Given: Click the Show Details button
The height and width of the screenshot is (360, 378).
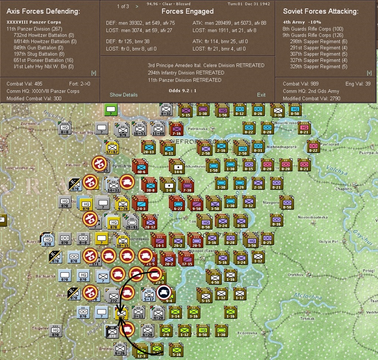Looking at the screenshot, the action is [123, 95].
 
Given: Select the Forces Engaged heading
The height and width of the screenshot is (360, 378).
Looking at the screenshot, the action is [188, 11].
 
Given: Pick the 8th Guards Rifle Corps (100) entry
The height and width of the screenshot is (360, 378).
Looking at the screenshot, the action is [313, 29].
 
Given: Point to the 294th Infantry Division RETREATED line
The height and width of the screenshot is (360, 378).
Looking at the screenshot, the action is [186, 73].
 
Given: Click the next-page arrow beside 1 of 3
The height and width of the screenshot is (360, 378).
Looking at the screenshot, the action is [137, 6].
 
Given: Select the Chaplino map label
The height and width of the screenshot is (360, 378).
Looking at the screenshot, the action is [343, 189].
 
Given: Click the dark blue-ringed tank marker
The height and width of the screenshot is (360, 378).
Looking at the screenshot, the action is [164, 292].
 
